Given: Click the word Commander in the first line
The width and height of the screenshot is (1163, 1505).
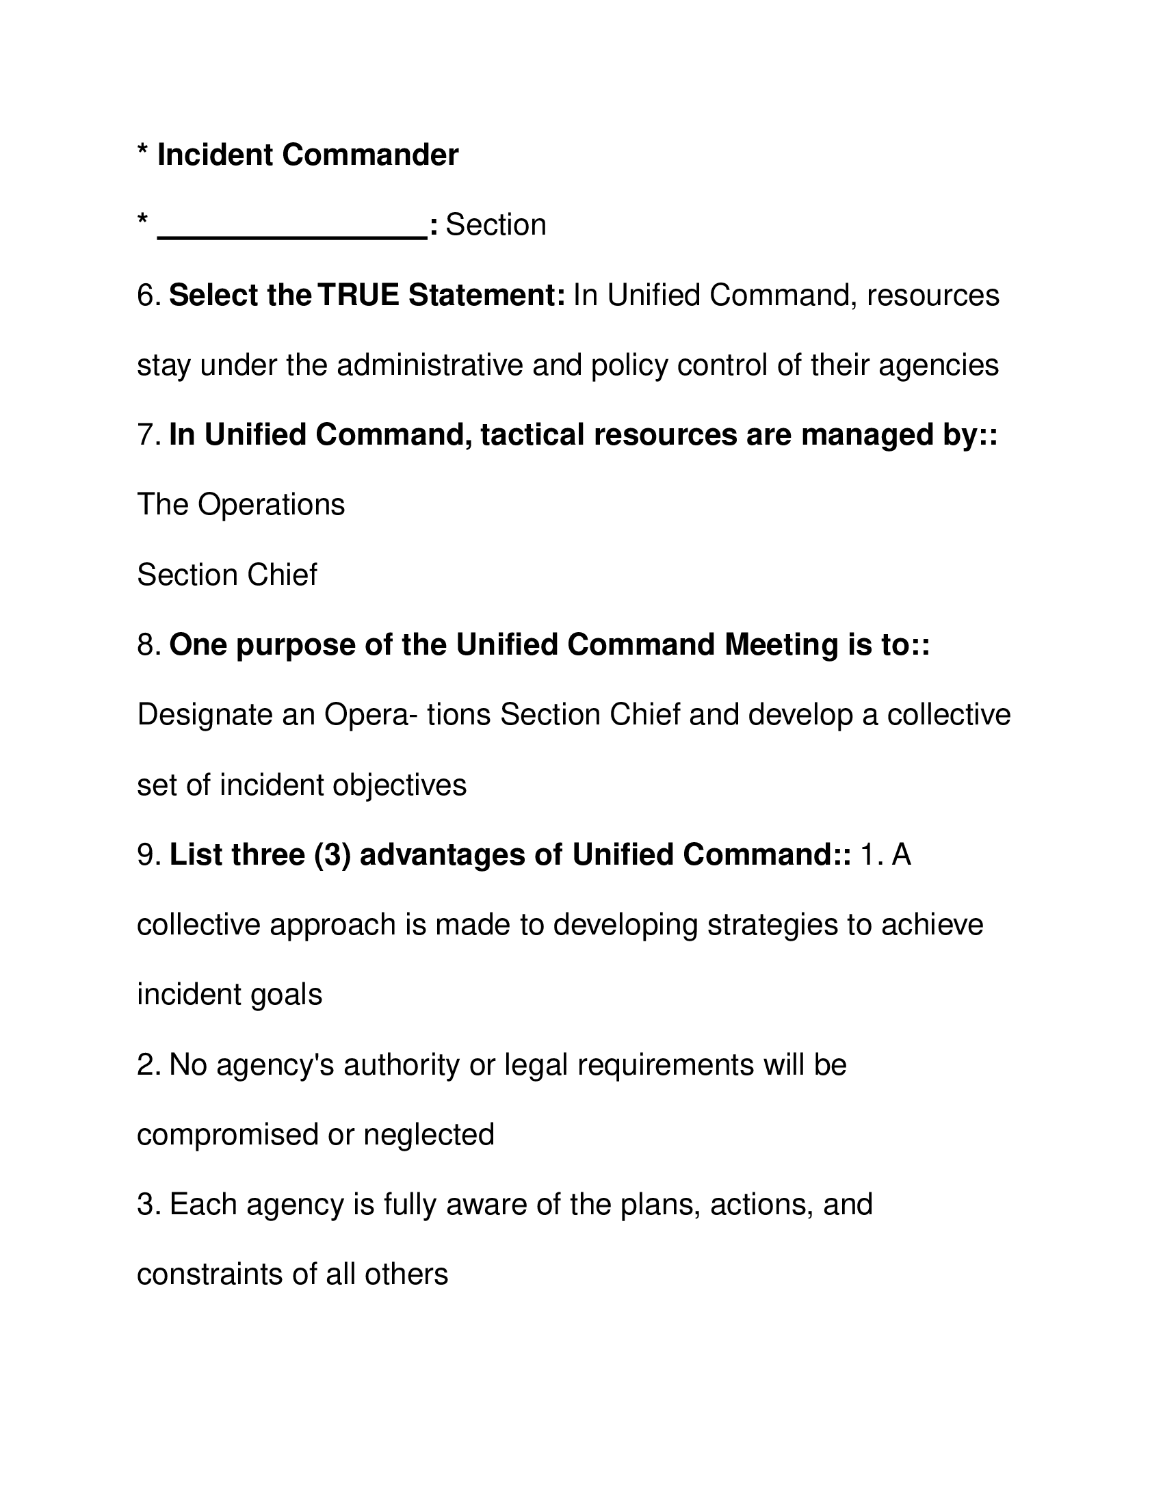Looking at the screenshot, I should coord(370,155).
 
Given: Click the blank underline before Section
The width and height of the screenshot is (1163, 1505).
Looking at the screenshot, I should coord(292,234).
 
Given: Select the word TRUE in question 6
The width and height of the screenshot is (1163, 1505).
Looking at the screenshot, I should coord(358,296).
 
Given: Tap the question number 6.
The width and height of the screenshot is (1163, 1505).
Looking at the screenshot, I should coord(149,296).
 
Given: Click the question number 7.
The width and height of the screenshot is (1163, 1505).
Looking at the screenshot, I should coord(149,435).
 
